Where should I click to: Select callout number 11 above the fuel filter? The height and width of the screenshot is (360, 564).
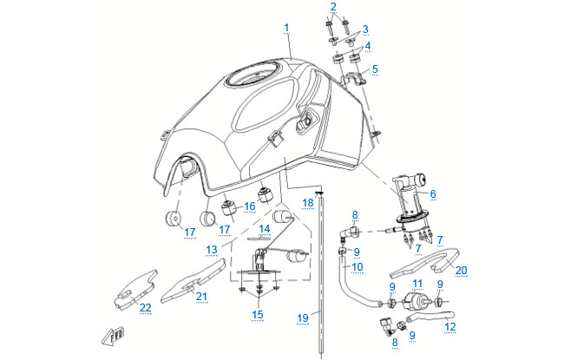(x=417, y=284)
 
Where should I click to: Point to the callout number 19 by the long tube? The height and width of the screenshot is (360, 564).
(x=303, y=318)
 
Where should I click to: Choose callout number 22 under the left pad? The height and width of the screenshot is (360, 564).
(x=145, y=308)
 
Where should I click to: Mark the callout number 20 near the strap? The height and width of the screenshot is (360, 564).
(x=461, y=270)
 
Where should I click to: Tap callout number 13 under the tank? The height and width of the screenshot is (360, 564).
(x=211, y=249)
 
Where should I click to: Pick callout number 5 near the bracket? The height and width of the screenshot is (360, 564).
(x=375, y=69)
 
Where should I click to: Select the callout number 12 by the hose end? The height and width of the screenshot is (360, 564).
(x=449, y=327)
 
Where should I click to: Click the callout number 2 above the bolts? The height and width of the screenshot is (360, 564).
(x=331, y=7)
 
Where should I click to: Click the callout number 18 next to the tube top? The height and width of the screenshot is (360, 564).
(x=307, y=202)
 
